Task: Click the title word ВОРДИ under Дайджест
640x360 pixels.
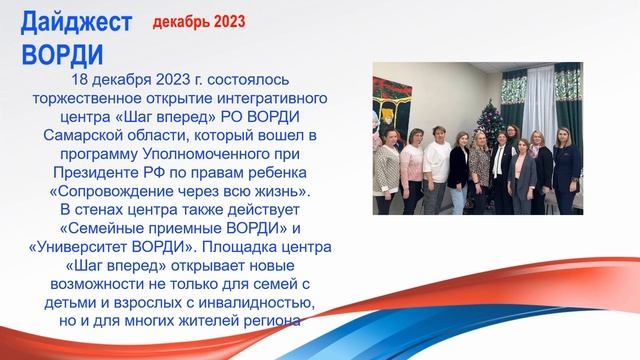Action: coord(61,51)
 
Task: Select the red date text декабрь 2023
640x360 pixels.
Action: coord(199,21)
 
